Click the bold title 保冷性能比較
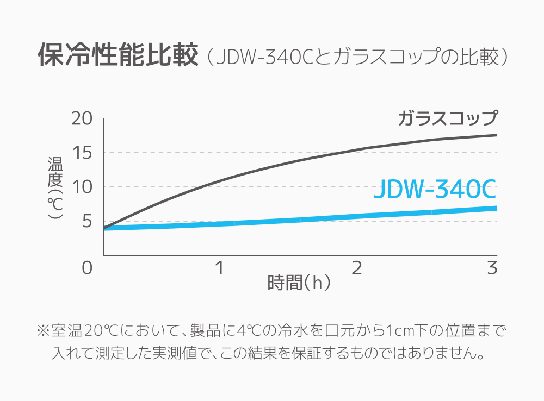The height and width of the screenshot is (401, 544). (118, 55)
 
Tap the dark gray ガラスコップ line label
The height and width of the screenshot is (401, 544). (447, 118)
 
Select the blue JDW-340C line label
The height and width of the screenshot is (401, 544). (435, 190)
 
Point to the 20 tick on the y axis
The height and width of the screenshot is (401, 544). (83, 118)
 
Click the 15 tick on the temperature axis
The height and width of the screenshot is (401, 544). (83, 153)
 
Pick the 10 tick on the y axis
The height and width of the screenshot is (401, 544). (83, 187)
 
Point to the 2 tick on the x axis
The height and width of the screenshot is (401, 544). (357, 268)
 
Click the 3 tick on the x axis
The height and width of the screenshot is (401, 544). (493, 268)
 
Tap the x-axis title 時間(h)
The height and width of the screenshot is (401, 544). (299, 283)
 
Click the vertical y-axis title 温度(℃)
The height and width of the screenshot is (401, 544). (55, 187)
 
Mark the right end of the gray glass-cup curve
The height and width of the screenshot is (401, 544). (496, 135)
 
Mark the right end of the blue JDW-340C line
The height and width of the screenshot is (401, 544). (496, 208)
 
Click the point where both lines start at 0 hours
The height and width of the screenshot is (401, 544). (104, 228)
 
